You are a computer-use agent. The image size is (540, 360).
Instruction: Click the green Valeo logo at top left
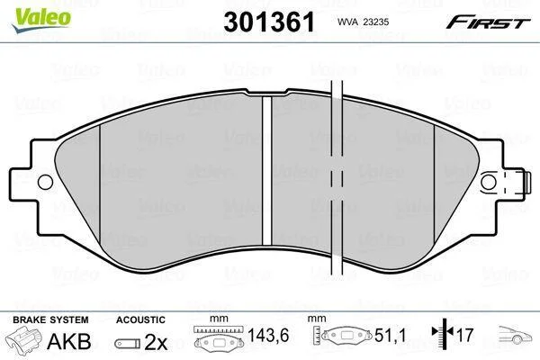pyautogui.click(x=41, y=20)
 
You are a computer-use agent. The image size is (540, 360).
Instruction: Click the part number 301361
pyautogui.click(x=269, y=22)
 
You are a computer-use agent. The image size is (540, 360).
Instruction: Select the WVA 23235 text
pyautogui.click(x=363, y=22)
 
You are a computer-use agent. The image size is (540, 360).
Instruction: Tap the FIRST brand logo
pyautogui.click(x=488, y=22)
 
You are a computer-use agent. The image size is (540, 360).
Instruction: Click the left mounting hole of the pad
pyautogui.click(x=46, y=182)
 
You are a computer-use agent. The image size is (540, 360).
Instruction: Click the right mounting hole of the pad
pyautogui.click(x=489, y=182)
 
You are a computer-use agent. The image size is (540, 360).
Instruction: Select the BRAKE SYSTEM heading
pyautogui.click(x=50, y=319)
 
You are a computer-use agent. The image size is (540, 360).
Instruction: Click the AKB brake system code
pyautogui.click(x=69, y=341)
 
